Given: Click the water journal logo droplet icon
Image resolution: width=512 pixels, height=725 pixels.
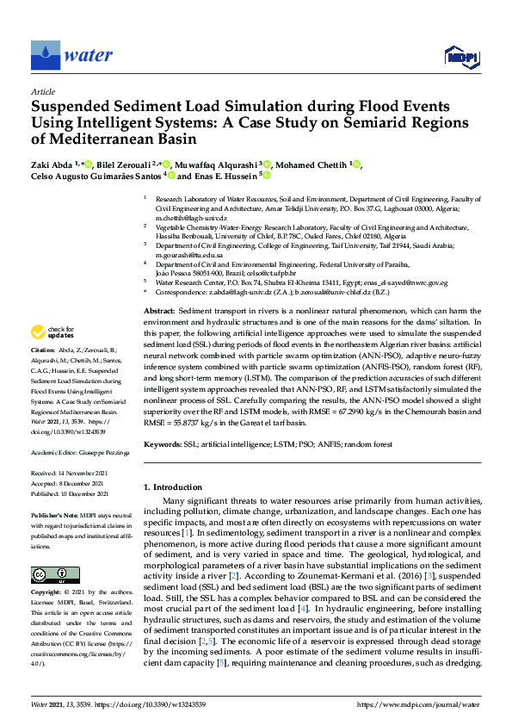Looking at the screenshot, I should pyautogui.click(x=42, y=55).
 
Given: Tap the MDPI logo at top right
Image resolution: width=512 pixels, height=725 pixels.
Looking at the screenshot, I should pyautogui.click(x=461, y=57).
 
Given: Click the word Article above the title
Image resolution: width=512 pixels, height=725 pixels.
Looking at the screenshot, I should pyautogui.click(x=42, y=90).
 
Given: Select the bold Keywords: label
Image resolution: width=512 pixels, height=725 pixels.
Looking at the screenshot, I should pyautogui.click(x=163, y=444).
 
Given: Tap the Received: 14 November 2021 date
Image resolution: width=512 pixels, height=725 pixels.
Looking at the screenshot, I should pyautogui.click(x=71, y=474).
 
